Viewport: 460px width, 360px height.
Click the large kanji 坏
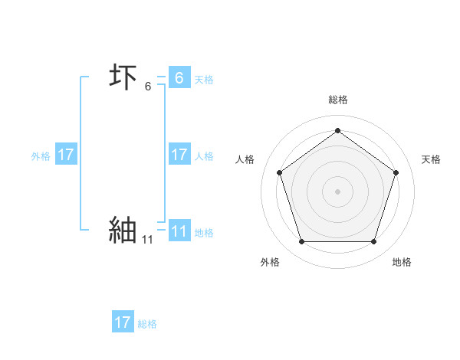click(123, 78)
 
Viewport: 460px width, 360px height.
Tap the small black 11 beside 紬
click(147, 240)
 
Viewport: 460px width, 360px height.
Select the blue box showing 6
click(179, 78)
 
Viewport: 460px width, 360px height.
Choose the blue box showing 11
click(179, 231)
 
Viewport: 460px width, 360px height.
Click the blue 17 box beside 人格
click(179, 155)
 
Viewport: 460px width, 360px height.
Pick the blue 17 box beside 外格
click(65, 155)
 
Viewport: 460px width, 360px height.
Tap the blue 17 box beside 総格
click(123, 322)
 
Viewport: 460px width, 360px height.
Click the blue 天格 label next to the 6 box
click(204, 80)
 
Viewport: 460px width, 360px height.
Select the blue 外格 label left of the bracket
click(41, 156)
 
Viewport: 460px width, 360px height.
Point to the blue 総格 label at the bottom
click(147, 324)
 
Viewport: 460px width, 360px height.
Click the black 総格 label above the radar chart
click(337, 100)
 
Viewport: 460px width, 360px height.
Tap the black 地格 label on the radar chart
click(402, 262)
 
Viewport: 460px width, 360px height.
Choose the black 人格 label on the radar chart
click(245, 159)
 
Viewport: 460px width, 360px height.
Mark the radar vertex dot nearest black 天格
click(396, 172)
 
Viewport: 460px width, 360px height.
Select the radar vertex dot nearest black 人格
click(279, 172)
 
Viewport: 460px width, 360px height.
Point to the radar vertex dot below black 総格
click(337, 130)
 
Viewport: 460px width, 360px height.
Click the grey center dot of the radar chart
click(337, 191)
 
